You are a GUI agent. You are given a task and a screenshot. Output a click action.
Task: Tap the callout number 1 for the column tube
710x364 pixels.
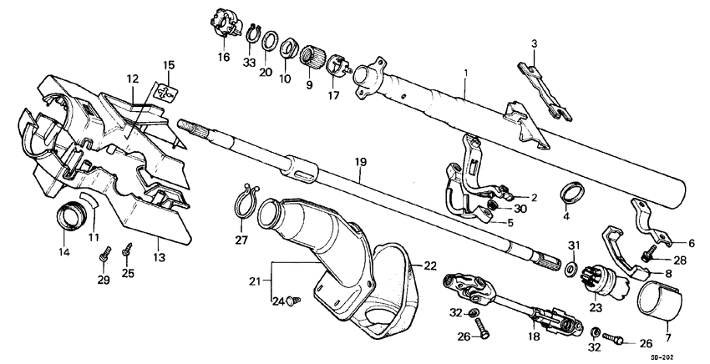point(466,75)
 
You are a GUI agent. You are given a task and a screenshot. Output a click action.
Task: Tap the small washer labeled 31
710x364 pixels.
point(570,269)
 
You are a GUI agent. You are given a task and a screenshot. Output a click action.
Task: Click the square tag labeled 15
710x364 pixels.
point(168,94)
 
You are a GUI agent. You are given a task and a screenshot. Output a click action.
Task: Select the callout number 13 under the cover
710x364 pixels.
point(159,260)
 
